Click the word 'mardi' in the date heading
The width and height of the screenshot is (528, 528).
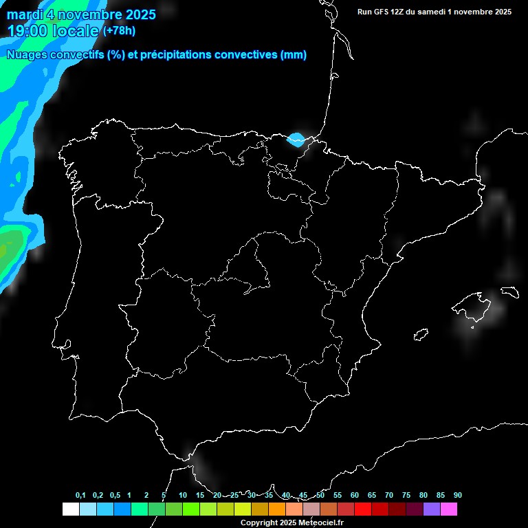[x=25, y=14]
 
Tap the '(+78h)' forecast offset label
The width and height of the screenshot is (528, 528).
[x=119, y=30]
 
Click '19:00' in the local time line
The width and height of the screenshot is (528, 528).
[x=28, y=31]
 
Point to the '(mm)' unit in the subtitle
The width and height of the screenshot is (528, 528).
[x=294, y=55]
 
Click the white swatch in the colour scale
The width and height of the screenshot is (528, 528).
[x=70, y=509]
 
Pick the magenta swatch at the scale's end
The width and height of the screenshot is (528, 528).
[x=449, y=509]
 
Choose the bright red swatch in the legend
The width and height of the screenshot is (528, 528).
[x=363, y=509]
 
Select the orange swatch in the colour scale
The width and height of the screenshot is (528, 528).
[x=277, y=509]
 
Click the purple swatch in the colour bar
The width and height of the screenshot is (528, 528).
[x=432, y=509]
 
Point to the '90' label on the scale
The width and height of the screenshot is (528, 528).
[x=458, y=495]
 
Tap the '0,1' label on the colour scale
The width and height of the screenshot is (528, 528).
[x=80, y=495]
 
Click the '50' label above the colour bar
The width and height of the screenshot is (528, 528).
[x=320, y=495]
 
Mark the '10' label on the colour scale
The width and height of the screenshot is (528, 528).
[x=183, y=495]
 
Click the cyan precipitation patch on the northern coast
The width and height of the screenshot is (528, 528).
[x=297, y=140]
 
